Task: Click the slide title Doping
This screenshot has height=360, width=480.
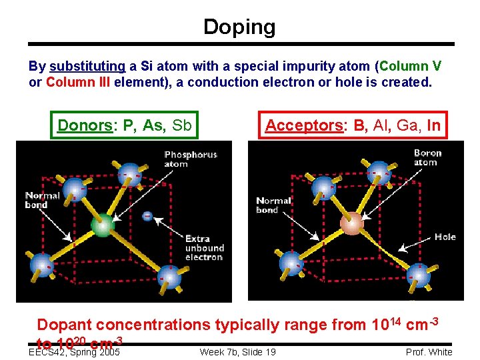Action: [x=239, y=27]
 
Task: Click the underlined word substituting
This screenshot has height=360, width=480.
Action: [x=87, y=67]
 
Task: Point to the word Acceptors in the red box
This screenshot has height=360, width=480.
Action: [x=303, y=125]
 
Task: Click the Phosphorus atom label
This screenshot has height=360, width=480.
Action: [x=191, y=159]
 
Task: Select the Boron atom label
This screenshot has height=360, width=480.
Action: [x=427, y=157]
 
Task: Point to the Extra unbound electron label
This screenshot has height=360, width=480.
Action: [x=204, y=248]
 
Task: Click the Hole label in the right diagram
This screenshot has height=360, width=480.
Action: [x=445, y=237]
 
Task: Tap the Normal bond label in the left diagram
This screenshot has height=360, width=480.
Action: [x=43, y=200]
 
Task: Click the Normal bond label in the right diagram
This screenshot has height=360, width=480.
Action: [x=274, y=205]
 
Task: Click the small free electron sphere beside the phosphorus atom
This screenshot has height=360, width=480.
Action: [x=147, y=216]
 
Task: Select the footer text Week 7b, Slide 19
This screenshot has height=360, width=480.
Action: [x=237, y=352]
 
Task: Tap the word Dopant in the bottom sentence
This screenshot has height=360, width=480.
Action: [x=64, y=325]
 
